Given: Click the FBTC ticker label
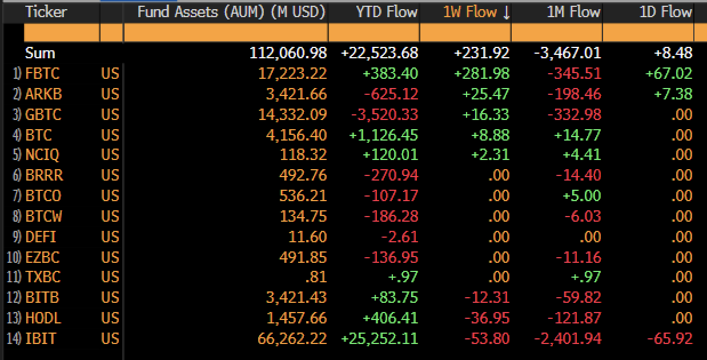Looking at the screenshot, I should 42,74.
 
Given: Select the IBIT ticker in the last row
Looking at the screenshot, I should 41,338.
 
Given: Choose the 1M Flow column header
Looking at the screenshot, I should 573,12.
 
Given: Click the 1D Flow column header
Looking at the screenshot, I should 665,12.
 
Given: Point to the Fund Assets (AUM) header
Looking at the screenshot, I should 231,12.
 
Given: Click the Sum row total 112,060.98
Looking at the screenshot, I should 288,53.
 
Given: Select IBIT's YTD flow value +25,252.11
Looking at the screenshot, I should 379,338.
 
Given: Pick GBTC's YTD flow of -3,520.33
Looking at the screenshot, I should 384,115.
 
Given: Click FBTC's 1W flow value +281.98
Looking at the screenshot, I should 481,74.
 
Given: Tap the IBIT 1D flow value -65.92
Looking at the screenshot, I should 669,338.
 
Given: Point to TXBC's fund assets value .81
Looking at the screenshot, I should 316,278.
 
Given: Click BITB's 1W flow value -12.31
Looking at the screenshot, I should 487,298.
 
